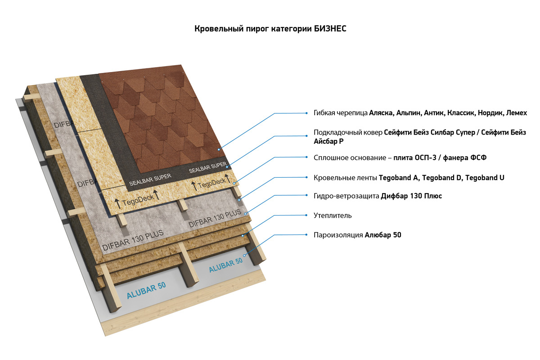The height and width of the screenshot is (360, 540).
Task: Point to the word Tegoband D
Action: pyautogui.click(x=441, y=178)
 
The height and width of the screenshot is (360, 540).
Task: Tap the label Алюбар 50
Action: pyautogui.click(x=382, y=235)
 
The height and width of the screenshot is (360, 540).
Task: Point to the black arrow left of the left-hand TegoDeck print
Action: pyautogui.click(x=118, y=203)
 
